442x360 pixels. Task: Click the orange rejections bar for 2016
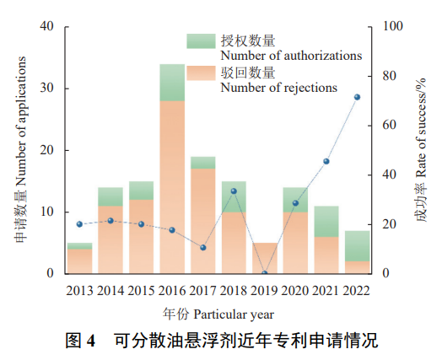click(172, 186)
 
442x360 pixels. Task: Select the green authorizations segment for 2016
click(172, 82)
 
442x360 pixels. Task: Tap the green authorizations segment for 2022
click(357, 245)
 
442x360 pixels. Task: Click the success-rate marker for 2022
click(357, 97)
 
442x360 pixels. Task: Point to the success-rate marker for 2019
click(264, 272)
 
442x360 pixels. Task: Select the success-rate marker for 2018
click(234, 191)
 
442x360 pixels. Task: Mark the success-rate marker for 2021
click(326, 161)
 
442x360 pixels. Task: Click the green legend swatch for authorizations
click(201, 40)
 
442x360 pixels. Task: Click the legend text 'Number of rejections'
click(278, 88)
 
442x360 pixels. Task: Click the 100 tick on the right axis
click(389, 27)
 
